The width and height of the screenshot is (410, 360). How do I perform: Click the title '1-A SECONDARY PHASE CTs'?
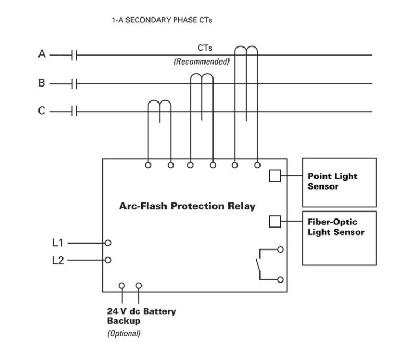coord(162,20)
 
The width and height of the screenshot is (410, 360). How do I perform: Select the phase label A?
coord(42,54)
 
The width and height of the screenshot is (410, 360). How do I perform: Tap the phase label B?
coord(42,83)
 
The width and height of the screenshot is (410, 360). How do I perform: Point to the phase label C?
coord(42,111)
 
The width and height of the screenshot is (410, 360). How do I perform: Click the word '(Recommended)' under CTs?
coord(201,62)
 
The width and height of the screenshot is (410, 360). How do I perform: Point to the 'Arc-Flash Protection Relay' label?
coord(187,206)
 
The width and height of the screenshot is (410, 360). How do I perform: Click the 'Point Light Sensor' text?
coord(332,181)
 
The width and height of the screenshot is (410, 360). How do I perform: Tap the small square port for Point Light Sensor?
coord(274,176)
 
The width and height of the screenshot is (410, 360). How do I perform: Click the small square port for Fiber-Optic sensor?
coord(274,221)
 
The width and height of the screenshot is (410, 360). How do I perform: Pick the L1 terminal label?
coord(58,242)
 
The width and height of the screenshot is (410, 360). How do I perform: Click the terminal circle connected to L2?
coord(108,260)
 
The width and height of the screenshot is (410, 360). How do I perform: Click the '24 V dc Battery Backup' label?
coord(141,316)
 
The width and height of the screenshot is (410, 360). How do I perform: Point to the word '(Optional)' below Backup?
coord(124,333)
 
